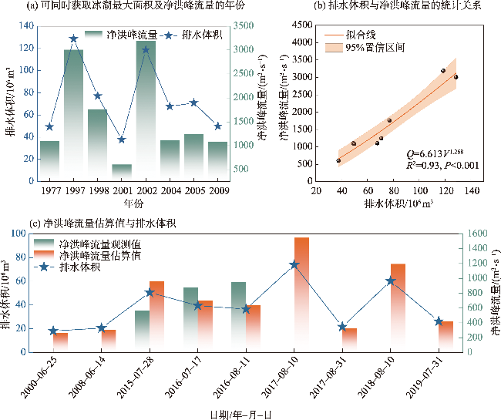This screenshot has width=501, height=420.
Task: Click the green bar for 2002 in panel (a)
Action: click(146, 108)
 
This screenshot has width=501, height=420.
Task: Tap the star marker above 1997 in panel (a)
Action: click(73, 38)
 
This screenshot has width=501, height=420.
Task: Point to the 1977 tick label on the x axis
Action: click(50, 190)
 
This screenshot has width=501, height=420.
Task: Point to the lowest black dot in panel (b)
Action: click(338, 160)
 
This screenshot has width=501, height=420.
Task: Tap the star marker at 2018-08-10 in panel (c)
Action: click(390, 281)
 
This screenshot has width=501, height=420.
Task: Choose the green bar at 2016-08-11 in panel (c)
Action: click(238, 316)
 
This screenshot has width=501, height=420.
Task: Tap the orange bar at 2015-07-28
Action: click(157, 316)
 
